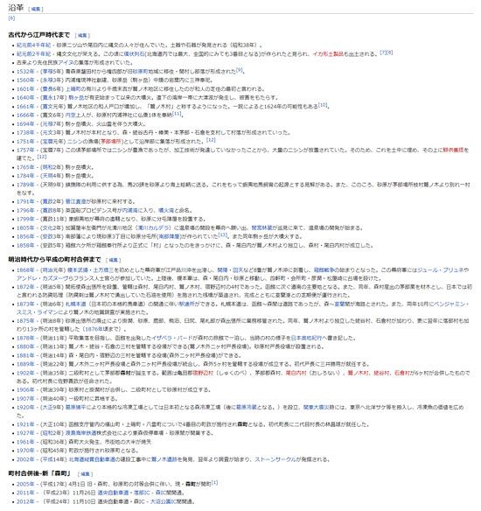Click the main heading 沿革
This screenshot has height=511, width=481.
[x=16, y=7]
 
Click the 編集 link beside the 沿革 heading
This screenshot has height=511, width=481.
[x=36, y=8]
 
